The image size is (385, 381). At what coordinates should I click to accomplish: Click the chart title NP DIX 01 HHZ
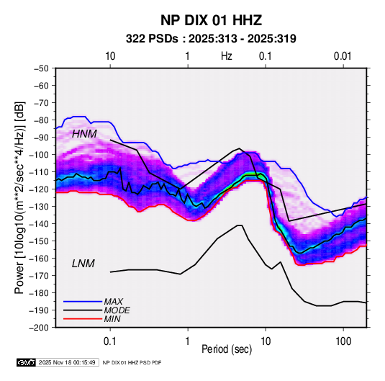[211, 20]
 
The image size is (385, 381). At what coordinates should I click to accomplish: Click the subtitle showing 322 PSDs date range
[211, 39]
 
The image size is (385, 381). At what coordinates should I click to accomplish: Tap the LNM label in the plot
[83, 264]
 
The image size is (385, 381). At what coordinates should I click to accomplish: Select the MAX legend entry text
[114, 301]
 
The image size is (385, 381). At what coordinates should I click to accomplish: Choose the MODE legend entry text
[117, 310]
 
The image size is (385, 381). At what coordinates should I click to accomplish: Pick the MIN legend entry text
[112, 319]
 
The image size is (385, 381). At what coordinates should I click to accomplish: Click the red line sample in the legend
[83, 319]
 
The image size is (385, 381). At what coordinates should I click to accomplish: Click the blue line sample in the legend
[83, 301]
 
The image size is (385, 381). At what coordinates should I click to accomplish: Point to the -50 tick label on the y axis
[41, 68]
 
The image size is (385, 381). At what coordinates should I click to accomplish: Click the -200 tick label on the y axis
[40, 328]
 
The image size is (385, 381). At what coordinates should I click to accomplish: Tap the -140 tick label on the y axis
[40, 224]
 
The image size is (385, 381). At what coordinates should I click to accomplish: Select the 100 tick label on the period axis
[343, 341]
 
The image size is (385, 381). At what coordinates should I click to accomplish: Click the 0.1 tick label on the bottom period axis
[109, 341]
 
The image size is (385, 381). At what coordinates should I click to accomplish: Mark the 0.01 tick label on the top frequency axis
[343, 56]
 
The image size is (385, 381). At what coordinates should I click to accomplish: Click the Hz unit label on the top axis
[227, 56]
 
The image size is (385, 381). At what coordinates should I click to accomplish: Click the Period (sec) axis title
[227, 349]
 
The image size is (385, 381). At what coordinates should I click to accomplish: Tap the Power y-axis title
[19, 198]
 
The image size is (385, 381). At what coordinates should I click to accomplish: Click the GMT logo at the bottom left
[27, 362]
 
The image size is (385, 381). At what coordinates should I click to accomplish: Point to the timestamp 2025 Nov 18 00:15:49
[67, 362]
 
